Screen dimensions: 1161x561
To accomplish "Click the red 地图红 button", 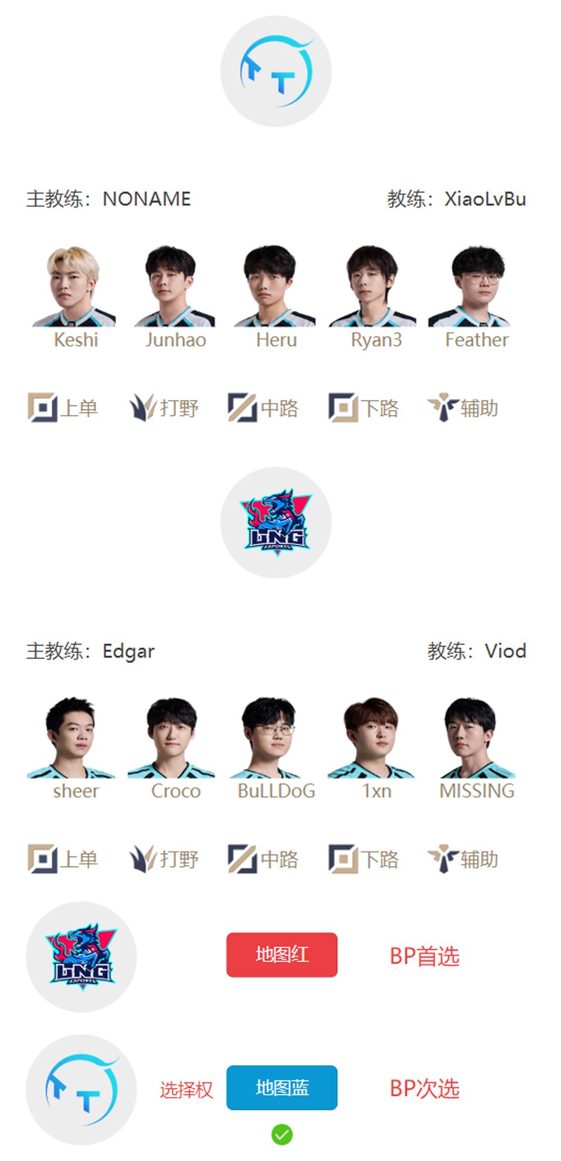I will click(x=282, y=955).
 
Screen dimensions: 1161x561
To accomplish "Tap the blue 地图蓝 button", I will click(x=282, y=1088).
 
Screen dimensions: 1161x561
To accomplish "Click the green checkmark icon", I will click(x=282, y=1135).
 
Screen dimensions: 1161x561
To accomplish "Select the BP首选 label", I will click(x=425, y=956).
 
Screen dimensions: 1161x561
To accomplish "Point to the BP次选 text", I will click(x=425, y=1089).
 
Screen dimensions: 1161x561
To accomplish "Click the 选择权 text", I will click(x=186, y=1090).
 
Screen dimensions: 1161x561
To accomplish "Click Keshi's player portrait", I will click(x=75, y=287).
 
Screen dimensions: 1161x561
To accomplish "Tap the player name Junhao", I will click(x=176, y=340).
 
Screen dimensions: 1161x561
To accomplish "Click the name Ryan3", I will click(x=376, y=340).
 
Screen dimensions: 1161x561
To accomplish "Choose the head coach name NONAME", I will click(x=147, y=199).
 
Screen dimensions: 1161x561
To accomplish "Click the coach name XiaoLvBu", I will click(x=485, y=199).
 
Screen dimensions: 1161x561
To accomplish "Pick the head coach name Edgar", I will click(x=128, y=652).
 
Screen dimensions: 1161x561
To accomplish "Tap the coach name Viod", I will click(x=505, y=651).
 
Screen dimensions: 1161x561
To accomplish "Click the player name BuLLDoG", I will click(x=276, y=791).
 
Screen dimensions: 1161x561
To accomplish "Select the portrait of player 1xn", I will click(x=371, y=738).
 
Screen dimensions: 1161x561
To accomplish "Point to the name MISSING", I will click(x=477, y=791).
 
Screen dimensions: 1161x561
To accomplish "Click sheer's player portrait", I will click(x=71, y=738).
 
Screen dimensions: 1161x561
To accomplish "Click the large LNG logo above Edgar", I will click(x=276, y=522).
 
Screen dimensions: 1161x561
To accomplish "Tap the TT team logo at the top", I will click(x=276, y=71).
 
